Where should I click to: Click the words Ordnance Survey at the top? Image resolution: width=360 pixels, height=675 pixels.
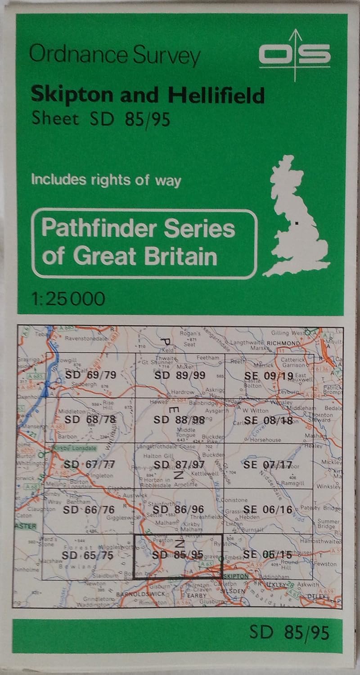click(x=115, y=56)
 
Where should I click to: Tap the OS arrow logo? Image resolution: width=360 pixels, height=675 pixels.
click(x=295, y=55)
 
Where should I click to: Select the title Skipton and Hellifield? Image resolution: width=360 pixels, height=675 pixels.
click(x=147, y=95)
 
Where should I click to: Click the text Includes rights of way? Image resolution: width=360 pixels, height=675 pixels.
click(x=106, y=180)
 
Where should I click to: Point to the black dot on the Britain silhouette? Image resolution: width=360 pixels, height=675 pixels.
click(x=297, y=222)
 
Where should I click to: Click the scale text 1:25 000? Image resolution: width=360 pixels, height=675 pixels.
click(x=68, y=298)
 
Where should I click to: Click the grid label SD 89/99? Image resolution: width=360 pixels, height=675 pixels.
click(x=179, y=375)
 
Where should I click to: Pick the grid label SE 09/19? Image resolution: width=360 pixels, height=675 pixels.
click(x=268, y=375)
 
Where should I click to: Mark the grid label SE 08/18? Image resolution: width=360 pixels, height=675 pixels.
click(x=268, y=420)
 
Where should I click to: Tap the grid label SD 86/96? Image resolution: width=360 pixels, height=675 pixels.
click(x=179, y=509)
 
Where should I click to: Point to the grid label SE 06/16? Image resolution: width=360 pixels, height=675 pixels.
click(x=268, y=509)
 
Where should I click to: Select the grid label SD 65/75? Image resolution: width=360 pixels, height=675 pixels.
click(x=89, y=555)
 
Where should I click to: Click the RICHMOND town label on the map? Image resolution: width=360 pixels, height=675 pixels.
click(x=283, y=343)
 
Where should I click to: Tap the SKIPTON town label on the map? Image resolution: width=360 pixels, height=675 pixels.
click(x=234, y=576)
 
